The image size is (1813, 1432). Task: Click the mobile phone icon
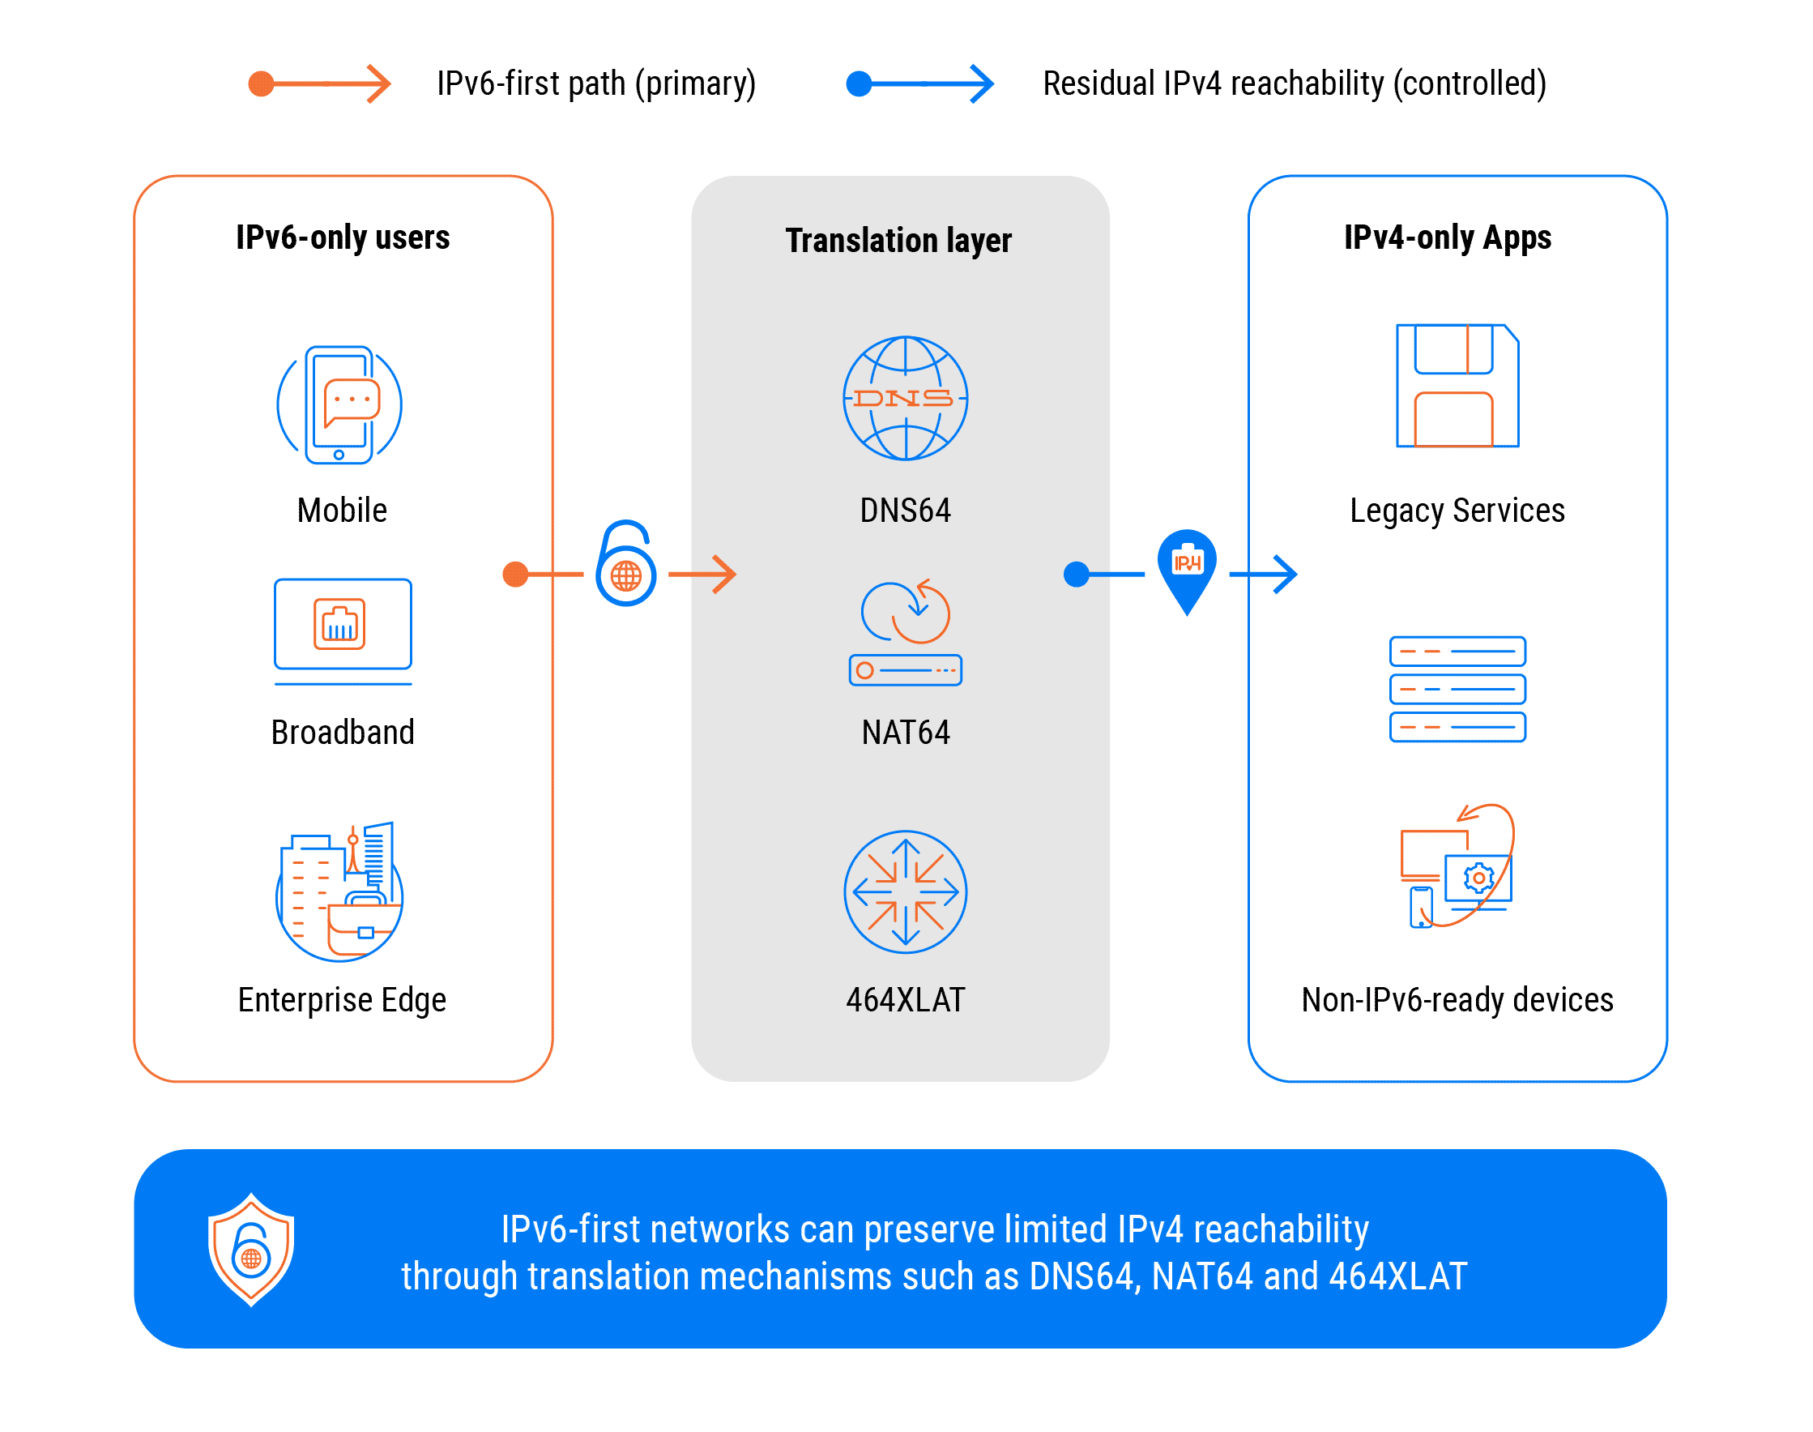(x=339, y=405)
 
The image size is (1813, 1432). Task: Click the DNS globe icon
(x=905, y=398)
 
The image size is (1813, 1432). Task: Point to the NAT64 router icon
(x=905, y=634)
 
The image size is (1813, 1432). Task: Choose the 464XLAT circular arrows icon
(x=905, y=892)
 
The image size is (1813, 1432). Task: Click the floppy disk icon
(x=1457, y=386)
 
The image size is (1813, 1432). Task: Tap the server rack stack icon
(x=1457, y=689)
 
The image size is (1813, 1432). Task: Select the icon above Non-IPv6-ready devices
(x=1457, y=867)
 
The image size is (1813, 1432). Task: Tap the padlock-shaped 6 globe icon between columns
(x=625, y=564)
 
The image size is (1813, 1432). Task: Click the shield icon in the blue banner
(x=250, y=1249)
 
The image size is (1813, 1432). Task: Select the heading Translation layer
(x=898, y=241)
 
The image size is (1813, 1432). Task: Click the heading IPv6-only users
(x=342, y=238)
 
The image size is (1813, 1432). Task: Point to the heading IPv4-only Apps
(x=1448, y=238)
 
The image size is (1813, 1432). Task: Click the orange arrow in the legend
(x=320, y=83)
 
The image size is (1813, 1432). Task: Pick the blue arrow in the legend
(x=920, y=83)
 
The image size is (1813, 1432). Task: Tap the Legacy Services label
(x=1457, y=511)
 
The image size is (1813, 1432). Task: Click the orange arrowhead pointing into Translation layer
(x=723, y=575)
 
